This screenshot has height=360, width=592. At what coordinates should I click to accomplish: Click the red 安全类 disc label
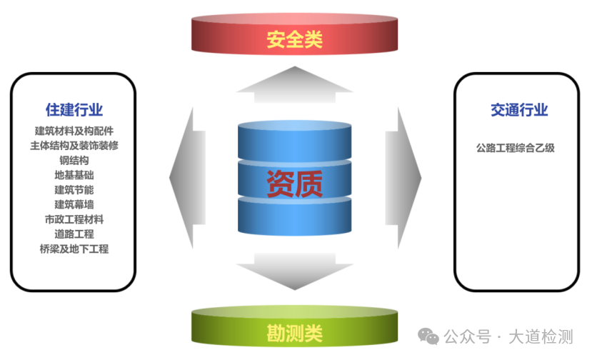coord(294,39)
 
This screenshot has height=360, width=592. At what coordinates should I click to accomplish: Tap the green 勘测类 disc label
coord(294,333)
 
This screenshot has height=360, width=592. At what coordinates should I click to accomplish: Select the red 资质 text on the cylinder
coord(294,184)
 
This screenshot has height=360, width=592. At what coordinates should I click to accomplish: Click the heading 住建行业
coord(74,109)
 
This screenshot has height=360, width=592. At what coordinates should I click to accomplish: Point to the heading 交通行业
coord(519,110)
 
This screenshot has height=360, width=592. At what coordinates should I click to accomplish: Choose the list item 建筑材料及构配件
coord(74,131)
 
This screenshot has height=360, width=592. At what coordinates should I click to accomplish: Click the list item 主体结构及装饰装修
coord(74,146)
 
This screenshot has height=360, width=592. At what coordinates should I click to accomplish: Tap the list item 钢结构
coord(74,160)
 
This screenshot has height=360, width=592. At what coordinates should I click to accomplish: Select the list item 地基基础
coord(74,175)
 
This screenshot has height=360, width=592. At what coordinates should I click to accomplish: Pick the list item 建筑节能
coord(74,189)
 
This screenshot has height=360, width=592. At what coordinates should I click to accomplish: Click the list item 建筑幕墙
coord(74,204)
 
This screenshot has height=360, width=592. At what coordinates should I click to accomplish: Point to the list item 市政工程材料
coord(74,219)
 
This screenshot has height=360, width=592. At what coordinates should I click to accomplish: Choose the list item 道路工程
coord(74,234)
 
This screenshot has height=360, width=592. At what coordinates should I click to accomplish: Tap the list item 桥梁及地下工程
coord(74,249)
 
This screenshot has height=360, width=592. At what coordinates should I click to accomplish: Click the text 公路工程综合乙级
coord(516,148)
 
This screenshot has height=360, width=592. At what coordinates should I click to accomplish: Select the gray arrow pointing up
coord(294,84)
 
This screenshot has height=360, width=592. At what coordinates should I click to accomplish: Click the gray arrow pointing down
coord(294,271)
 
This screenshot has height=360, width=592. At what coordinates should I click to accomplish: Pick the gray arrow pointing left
coord(188,178)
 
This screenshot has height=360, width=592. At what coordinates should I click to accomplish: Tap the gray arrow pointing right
coord(403,178)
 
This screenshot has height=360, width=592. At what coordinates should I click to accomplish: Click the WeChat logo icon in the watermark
coord(428,336)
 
